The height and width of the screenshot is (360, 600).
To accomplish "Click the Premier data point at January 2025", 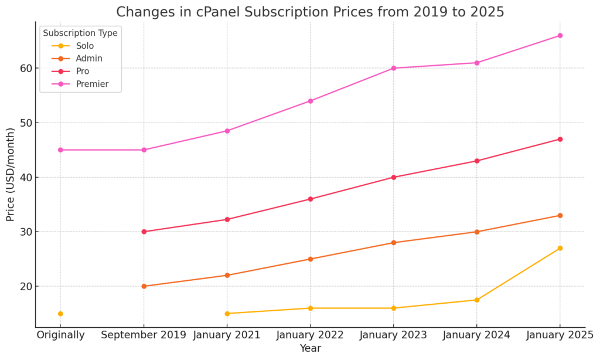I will point(560,36).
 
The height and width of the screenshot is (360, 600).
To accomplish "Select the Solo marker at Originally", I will point(60,314).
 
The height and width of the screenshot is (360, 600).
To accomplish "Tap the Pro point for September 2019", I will point(144,232).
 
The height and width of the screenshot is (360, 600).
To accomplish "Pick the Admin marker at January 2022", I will point(311,259).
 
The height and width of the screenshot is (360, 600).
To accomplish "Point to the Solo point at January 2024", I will point(476,300).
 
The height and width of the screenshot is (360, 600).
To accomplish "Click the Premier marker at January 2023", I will point(393,68).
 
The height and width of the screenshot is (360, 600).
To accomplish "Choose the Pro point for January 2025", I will point(560,139).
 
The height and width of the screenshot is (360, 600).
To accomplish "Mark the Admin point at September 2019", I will point(144,286).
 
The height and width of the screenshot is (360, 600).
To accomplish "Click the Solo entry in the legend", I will point(84,46).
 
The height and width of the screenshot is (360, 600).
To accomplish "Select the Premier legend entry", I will point(92,84).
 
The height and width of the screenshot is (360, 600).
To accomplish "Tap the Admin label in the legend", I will point(88,59).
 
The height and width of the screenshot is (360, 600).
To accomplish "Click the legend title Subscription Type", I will point(80,33).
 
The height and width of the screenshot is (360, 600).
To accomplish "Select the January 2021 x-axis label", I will point(227,335).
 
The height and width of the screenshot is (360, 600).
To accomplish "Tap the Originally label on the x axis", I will point(60,335).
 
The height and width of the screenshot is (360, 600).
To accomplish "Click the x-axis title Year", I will point(310,349).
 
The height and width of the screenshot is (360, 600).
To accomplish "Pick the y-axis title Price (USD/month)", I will point(11,174).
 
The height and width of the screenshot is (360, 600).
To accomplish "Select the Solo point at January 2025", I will point(560,248).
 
